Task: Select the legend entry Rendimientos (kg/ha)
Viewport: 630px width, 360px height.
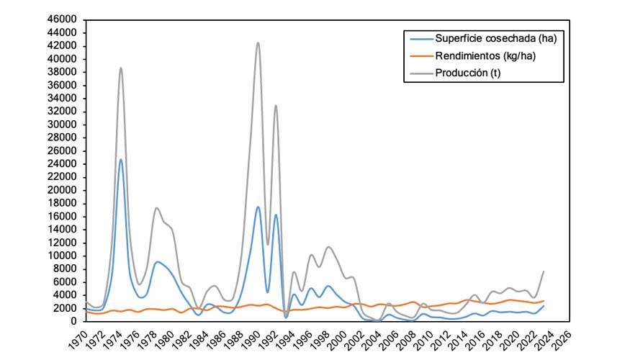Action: point(485,55)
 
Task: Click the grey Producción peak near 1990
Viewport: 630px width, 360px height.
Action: point(258,42)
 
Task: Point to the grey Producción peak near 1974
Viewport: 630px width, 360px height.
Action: point(120,68)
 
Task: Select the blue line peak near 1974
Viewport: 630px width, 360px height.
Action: point(120,159)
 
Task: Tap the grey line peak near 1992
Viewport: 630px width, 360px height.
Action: point(275,105)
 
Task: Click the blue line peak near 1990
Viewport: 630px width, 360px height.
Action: point(258,207)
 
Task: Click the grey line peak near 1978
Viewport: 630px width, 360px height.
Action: point(156,208)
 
